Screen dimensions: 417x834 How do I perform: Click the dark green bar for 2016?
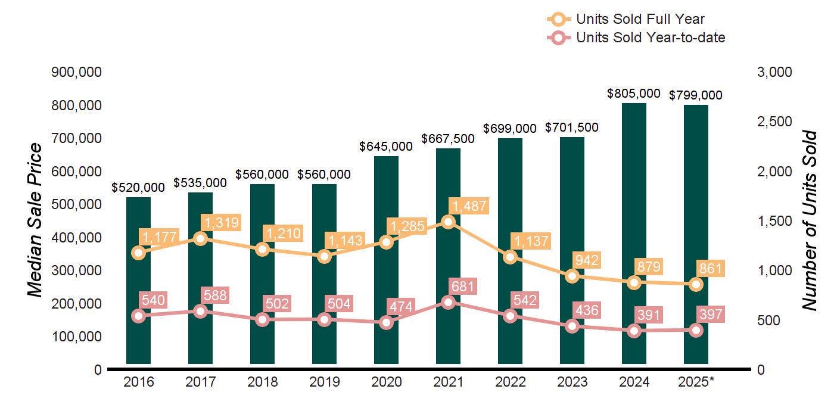(138, 280)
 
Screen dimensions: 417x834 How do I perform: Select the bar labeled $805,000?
(634, 232)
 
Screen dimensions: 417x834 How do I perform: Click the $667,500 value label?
(448, 139)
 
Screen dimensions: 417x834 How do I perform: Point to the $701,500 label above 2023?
(572, 127)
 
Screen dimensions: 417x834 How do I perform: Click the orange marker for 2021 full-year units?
(448, 222)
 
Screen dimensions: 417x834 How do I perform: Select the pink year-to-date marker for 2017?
(201, 311)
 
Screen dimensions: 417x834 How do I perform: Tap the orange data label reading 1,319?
(221, 223)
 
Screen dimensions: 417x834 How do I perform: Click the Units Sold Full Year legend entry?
(625, 19)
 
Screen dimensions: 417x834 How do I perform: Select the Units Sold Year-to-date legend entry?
(636, 38)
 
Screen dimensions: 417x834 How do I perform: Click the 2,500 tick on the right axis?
(774, 122)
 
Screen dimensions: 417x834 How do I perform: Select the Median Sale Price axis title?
(36, 220)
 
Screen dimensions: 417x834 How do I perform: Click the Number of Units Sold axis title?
(808, 220)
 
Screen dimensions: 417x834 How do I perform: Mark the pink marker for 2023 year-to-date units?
(572, 326)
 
